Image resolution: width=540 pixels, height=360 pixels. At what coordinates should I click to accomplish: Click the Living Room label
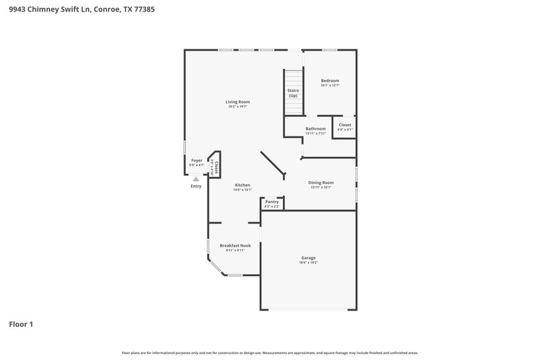point(237,101)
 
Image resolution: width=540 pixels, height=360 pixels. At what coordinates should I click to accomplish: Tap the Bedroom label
point(329,80)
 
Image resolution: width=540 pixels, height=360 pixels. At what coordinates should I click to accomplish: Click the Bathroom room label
point(315,128)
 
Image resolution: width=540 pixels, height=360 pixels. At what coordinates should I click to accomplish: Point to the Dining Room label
point(321,182)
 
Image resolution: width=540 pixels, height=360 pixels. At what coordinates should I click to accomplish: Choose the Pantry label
point(272,201)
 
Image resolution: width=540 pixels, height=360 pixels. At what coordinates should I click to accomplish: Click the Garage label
point(308,257)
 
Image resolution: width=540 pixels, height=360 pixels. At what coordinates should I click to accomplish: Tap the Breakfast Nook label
point(235,245)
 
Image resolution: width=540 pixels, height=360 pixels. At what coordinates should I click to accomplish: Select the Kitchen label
point(242,185)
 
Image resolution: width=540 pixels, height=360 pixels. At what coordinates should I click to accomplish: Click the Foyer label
point(196,160)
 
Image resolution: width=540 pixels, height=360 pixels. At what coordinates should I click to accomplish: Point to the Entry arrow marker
point(196,178)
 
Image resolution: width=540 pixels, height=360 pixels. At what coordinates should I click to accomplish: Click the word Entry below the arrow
point(196,186)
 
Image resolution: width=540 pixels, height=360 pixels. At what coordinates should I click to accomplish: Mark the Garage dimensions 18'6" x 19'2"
point(308,262)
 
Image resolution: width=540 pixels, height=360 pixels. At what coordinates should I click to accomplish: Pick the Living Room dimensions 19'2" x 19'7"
point(237,107)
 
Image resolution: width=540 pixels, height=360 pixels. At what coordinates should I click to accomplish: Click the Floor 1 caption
point(21,324)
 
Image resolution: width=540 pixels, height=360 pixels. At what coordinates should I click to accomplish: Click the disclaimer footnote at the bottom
point(270,353)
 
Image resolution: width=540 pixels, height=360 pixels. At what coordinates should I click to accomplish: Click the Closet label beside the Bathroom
point(345,124)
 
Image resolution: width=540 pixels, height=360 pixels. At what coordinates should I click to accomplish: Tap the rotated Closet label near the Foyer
point(215,166)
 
